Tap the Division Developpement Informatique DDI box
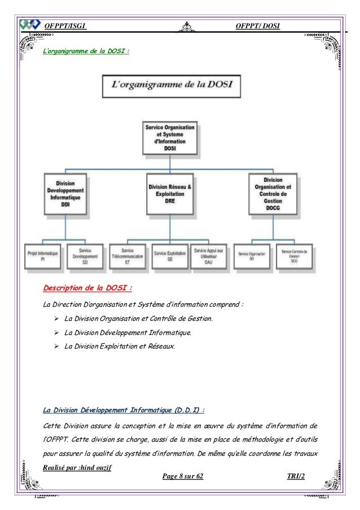pos(67,194)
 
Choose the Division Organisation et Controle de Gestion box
pos(273,194)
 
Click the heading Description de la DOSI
pos(87,290)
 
